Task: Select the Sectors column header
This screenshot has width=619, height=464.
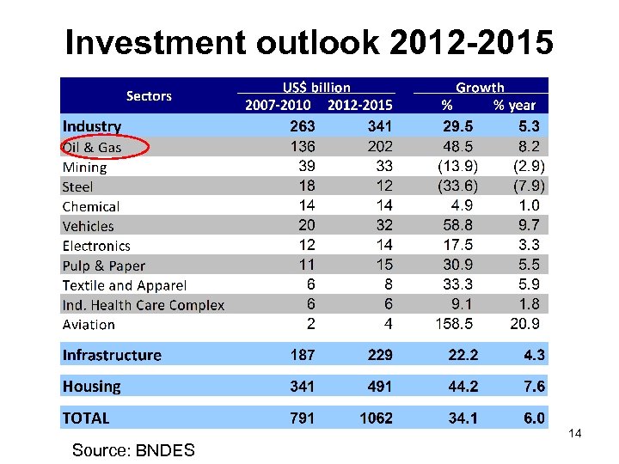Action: pyautogui.click(x=149, y=95)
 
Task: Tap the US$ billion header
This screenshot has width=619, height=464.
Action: pyautogui.click(x=316, y=87)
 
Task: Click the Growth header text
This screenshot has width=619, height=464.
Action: pyautogui.click(x=480, y=87)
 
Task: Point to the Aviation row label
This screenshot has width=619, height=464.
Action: pyautogui.click(x=89, y=325)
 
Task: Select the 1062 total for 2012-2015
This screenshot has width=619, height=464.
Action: pyautogui.click(x=376, y=418)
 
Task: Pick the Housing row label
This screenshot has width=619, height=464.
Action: pyautogui.click(x=91, y=387)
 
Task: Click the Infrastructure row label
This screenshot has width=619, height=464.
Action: pyautogui.click(x=112, y=355)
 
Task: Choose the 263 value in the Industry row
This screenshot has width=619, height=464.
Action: pyautogui.click(x=302, y=126)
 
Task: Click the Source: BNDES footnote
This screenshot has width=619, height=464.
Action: pyautogui.click(x=133, y=449)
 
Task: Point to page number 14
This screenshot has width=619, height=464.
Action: pyautogui.click(x=575, y=434)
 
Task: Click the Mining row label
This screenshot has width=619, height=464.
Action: pyautogui.click(x=84, y=167)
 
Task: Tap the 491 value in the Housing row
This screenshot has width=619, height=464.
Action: pyautogui.click(x=379, y=387)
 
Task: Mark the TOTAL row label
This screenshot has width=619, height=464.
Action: pyautogui.click(x=86, y=418)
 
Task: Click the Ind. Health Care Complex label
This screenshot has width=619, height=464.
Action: pyautogui.click(x=143, y=305)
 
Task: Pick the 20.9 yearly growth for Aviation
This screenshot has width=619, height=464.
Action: pyautogui.click(x=524, y=324)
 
